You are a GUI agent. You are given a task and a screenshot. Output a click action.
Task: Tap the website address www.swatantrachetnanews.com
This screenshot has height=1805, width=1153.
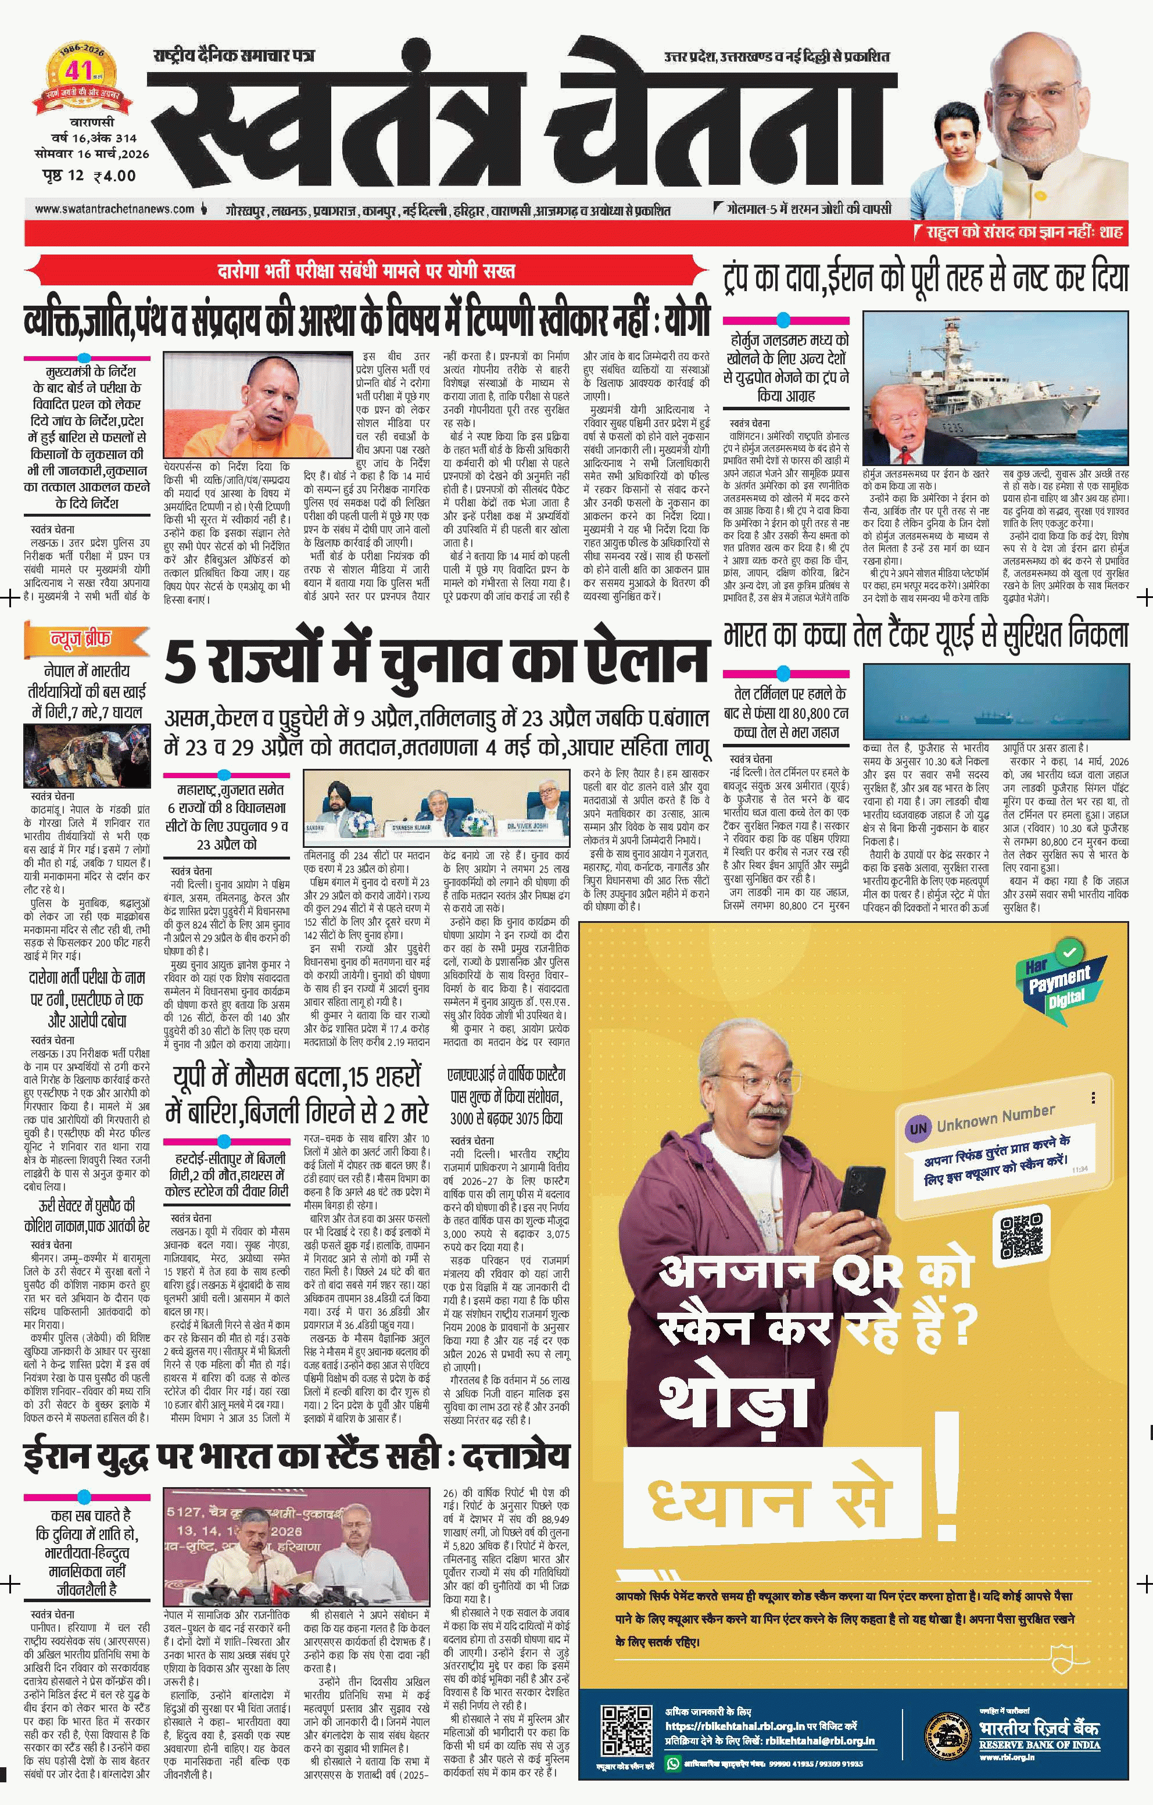(x=114, y=209)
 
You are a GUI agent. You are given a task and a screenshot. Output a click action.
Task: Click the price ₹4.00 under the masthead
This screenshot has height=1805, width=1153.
(x=114, y=176)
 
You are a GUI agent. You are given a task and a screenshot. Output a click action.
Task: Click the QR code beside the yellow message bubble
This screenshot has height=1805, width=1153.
(x=1021, y=1236)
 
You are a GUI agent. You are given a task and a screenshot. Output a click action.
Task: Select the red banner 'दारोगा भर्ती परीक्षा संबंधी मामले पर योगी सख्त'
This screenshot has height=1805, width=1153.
(x=367, y=271)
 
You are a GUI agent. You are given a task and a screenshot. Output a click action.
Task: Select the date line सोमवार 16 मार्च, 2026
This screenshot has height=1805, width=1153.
(x=91, y=153)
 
